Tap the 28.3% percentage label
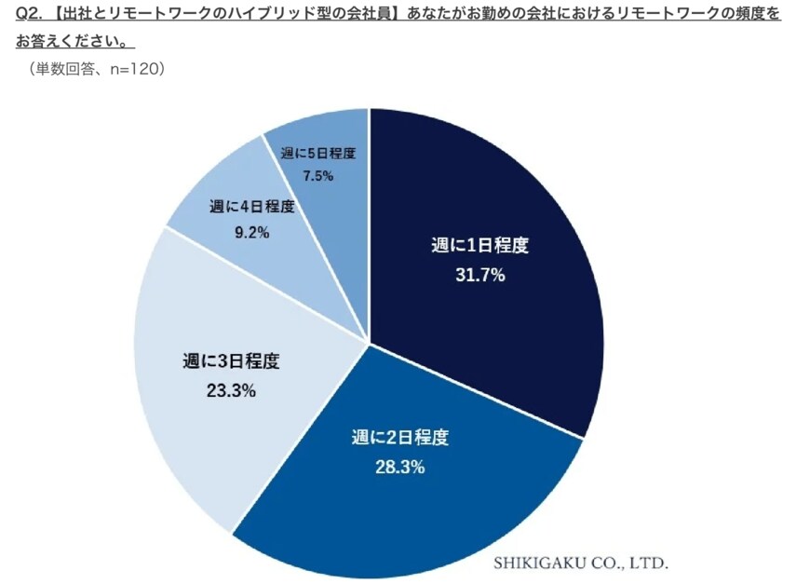(x=401, y=467)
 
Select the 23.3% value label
(x=231, y=390)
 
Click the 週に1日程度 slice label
(x=479, y=247)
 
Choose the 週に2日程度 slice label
(x=400, y=437)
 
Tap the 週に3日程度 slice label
(x=231, y=360)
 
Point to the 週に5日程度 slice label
(x=318, y=151)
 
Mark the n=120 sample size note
(x=135, y=69)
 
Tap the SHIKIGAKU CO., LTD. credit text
(x=580, y=563)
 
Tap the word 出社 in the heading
(x=74, y=15)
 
